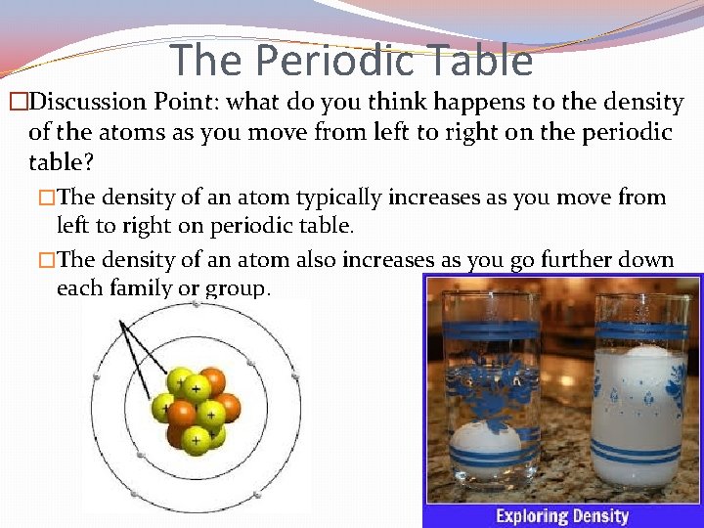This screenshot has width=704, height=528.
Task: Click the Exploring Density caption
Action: (561, 514)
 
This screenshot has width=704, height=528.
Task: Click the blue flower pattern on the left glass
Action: (492, 386)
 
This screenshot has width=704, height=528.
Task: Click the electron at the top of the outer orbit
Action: (196, 304)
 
